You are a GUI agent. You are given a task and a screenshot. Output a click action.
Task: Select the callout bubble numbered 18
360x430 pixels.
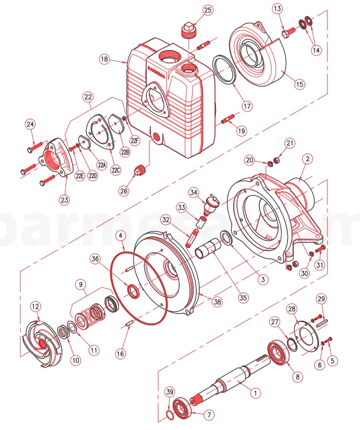(105, 60)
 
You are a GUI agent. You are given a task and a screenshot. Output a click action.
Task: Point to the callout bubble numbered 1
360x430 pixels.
(253, 392)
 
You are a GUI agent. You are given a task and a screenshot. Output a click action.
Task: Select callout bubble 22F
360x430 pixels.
(135, 140)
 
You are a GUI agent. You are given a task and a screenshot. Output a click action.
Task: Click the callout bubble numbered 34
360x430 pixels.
(194, 192)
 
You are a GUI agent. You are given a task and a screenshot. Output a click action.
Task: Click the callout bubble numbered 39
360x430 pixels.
(169, 392)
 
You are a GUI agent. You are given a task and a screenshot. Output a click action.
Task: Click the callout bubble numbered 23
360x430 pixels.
(64, 200)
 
